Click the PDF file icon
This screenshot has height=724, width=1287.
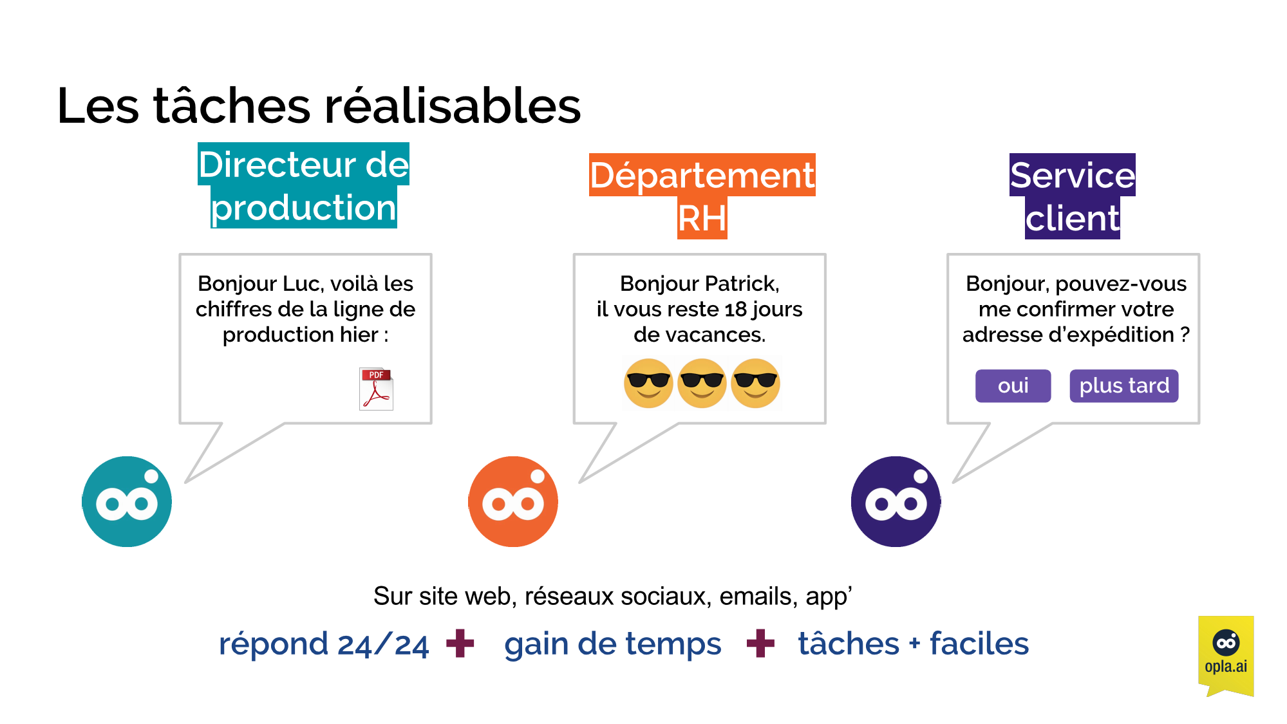point(376,389)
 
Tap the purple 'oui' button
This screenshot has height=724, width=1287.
point(1013,385)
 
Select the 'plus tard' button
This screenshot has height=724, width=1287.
point(1123,385)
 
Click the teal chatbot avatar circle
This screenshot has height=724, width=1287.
point(127,501)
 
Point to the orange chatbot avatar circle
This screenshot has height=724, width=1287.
point(512,501)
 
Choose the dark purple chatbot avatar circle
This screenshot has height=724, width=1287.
point(896,501)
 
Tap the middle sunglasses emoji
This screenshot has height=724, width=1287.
point(702,383)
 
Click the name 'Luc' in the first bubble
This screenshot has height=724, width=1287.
point(298,284)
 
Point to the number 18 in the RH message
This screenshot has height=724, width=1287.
point(737,310)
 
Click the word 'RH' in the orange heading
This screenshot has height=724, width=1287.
point(702,218)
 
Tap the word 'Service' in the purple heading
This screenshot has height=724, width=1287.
point(1072,175)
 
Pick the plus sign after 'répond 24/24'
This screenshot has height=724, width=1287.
point(460,643)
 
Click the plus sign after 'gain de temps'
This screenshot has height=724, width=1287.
point(760,643)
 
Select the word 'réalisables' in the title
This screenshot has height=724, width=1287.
point(453,106)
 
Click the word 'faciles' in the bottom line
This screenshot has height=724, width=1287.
point(979,644)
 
